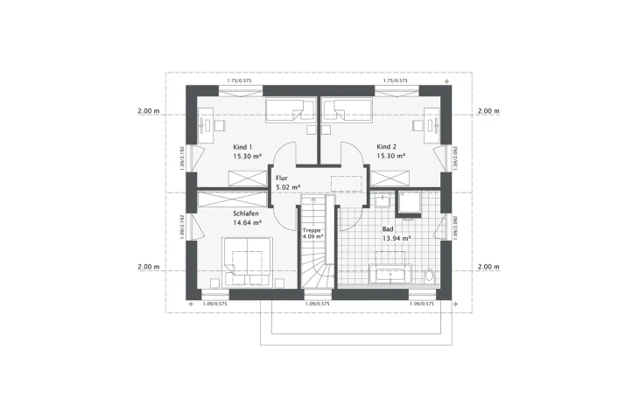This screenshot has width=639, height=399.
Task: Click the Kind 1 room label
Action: pos(242,147)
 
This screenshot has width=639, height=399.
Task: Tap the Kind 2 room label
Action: pos(387,147)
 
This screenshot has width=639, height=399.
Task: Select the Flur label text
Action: pos(281,178)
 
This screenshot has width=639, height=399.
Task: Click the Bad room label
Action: pos(388,229)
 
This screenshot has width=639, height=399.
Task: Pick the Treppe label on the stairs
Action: pos(312,229)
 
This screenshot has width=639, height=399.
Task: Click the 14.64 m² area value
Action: pos(248,223)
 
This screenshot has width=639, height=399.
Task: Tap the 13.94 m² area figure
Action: pos(397,238)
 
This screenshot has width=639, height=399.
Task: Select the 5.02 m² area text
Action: pos(288,186)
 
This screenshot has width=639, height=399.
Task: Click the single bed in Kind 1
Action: pos(288,111)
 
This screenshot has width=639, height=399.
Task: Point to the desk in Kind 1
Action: pos(207,128)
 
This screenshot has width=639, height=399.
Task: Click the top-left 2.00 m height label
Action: pos(148,112)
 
